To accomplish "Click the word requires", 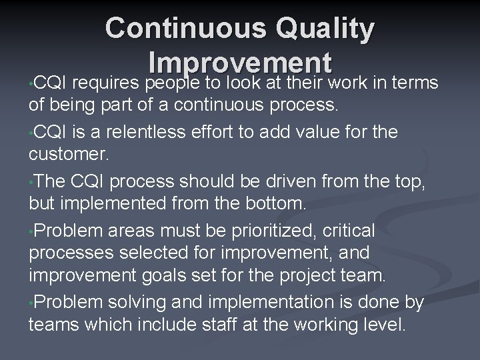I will click(107, 83).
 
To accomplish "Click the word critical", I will click(349, 230).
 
